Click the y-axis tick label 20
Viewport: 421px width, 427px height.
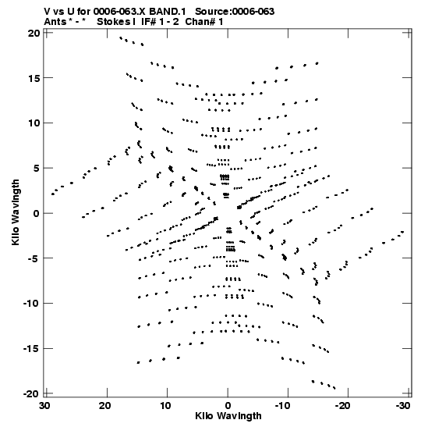[x=34, y=34]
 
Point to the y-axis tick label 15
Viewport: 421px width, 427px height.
[x=34, y=78]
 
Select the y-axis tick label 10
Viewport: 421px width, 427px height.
[x=34, y=123]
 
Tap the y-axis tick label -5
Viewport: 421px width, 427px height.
[x=34, y=258]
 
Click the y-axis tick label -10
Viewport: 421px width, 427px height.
[x=31, y=304]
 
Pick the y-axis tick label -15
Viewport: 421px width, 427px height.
[x=31, y=349]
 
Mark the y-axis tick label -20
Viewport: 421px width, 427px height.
[x=31, y=393]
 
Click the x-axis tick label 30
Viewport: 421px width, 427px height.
[x=45, y=406]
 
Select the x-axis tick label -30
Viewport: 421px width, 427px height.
[x=402, y=406]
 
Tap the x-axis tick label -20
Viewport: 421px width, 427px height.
[x=342, y=406]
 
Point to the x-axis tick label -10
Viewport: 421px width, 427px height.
[x=282, y=406]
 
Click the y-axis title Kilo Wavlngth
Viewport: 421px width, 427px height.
[x=16, y=212]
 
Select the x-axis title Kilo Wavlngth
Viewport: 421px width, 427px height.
[x=228, y=416]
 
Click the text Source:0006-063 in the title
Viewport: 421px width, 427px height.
[x=235, y=12]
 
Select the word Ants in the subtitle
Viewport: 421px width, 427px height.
[x=55, y=22]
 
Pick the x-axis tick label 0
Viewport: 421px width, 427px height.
[x=228, y=406]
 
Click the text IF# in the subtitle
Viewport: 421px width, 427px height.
[x=148, y=22]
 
